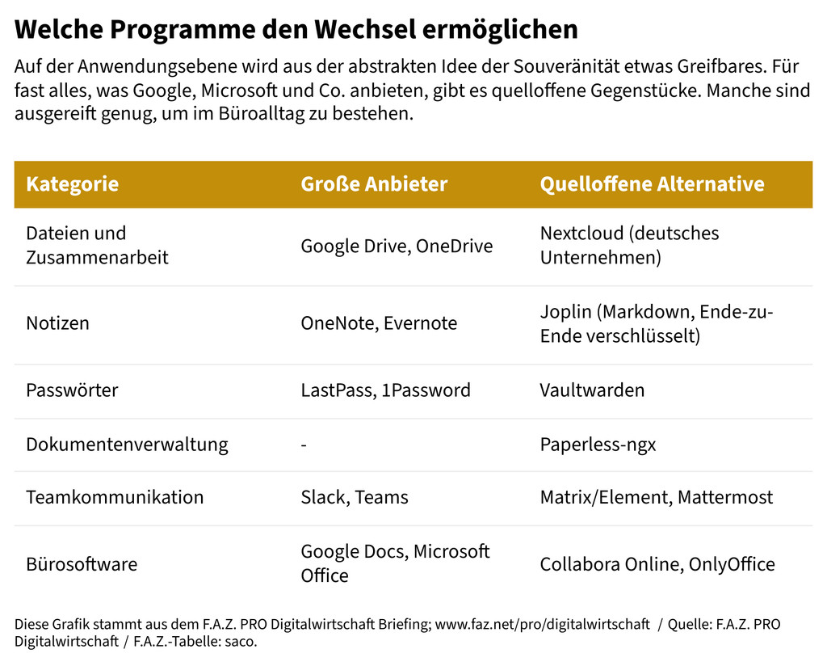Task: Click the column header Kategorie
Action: [72, 184]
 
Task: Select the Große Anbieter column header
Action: [374, 184]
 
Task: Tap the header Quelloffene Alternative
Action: [652, 184]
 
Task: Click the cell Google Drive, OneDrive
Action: [397, 247]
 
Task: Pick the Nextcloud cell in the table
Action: [629, 246]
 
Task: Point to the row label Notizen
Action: [57, 323]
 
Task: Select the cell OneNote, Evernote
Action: [379, 323]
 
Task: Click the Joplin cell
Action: [657, 323]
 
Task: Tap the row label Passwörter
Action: [72, 390]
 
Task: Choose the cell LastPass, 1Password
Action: [385, 390]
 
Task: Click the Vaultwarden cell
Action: [592, 390]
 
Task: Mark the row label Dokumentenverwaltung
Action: [127, 445]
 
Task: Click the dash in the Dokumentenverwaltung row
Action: [304, 445]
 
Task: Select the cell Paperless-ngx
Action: [598, 445]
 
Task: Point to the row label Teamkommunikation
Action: [115, 497]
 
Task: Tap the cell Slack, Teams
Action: [355, 497]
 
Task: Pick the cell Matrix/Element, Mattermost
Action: [657, 497]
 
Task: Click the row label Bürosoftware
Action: [82, 564]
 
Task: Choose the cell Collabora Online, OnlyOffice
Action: [657, 564]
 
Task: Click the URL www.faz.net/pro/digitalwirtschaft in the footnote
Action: [542, 625]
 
